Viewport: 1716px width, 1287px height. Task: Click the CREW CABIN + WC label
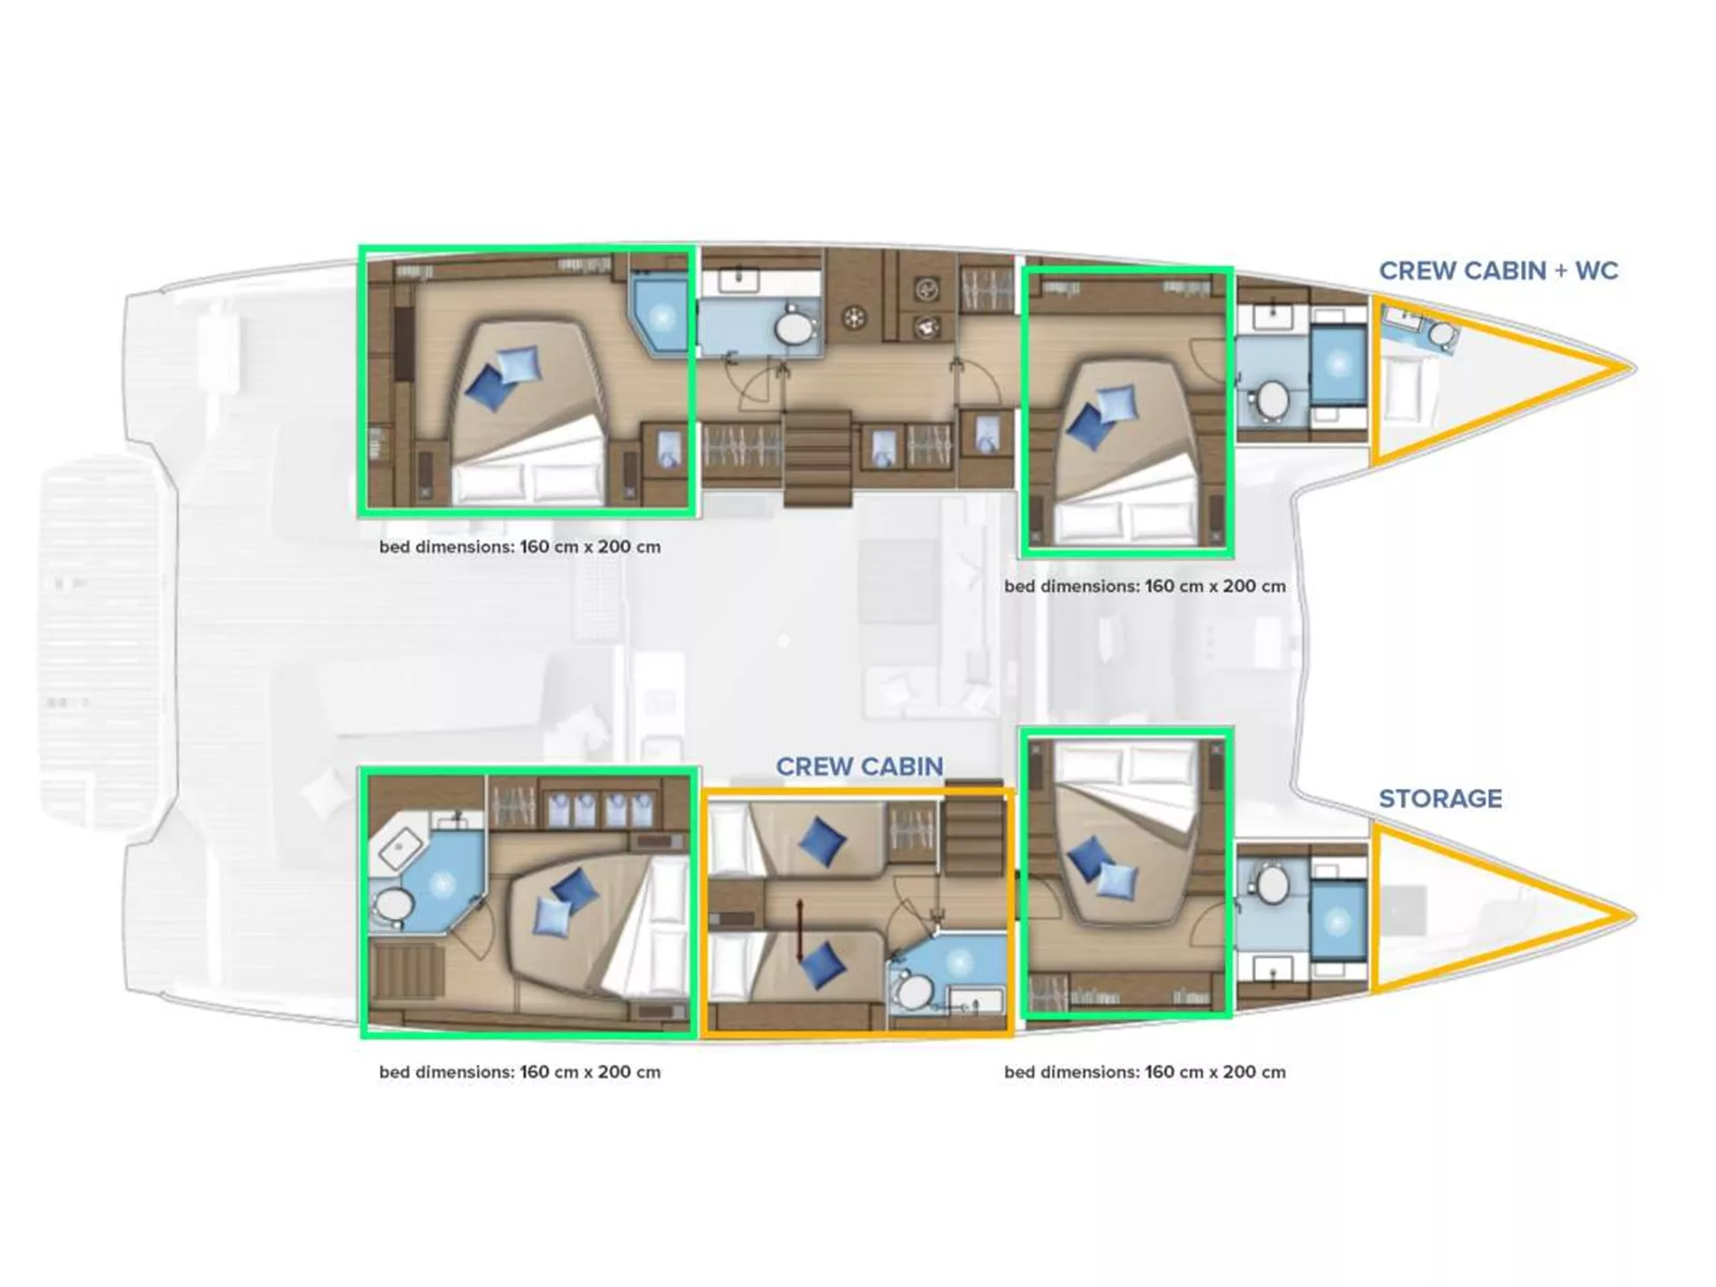tap(1498, 270)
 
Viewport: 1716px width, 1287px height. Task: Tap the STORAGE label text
tap(1440, 798)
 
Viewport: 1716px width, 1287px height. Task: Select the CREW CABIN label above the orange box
tap(859, 766)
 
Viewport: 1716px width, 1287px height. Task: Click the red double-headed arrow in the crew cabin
tap(800, 930)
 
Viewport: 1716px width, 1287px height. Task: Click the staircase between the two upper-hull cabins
tap(817, 458)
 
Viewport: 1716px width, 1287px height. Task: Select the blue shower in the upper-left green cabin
tap(660, 316)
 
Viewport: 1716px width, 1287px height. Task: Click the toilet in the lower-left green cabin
tap(394, 906)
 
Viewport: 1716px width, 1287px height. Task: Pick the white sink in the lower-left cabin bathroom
tap(401, 846)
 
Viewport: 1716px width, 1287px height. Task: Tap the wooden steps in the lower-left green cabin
tap(408, 972)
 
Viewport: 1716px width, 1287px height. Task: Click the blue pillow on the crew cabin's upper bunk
tap(821, 841)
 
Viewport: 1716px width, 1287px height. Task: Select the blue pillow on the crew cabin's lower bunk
tap(821, 965)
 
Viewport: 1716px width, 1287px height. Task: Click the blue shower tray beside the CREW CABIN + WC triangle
tap(1338, 365)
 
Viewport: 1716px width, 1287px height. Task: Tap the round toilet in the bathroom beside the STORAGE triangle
tap(1272, 885)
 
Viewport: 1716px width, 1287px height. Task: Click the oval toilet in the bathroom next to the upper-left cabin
tap(794, 329)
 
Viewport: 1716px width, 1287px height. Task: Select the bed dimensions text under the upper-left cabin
tap(520, 547)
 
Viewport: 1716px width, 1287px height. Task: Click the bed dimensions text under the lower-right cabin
tap(1145, 1072)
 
